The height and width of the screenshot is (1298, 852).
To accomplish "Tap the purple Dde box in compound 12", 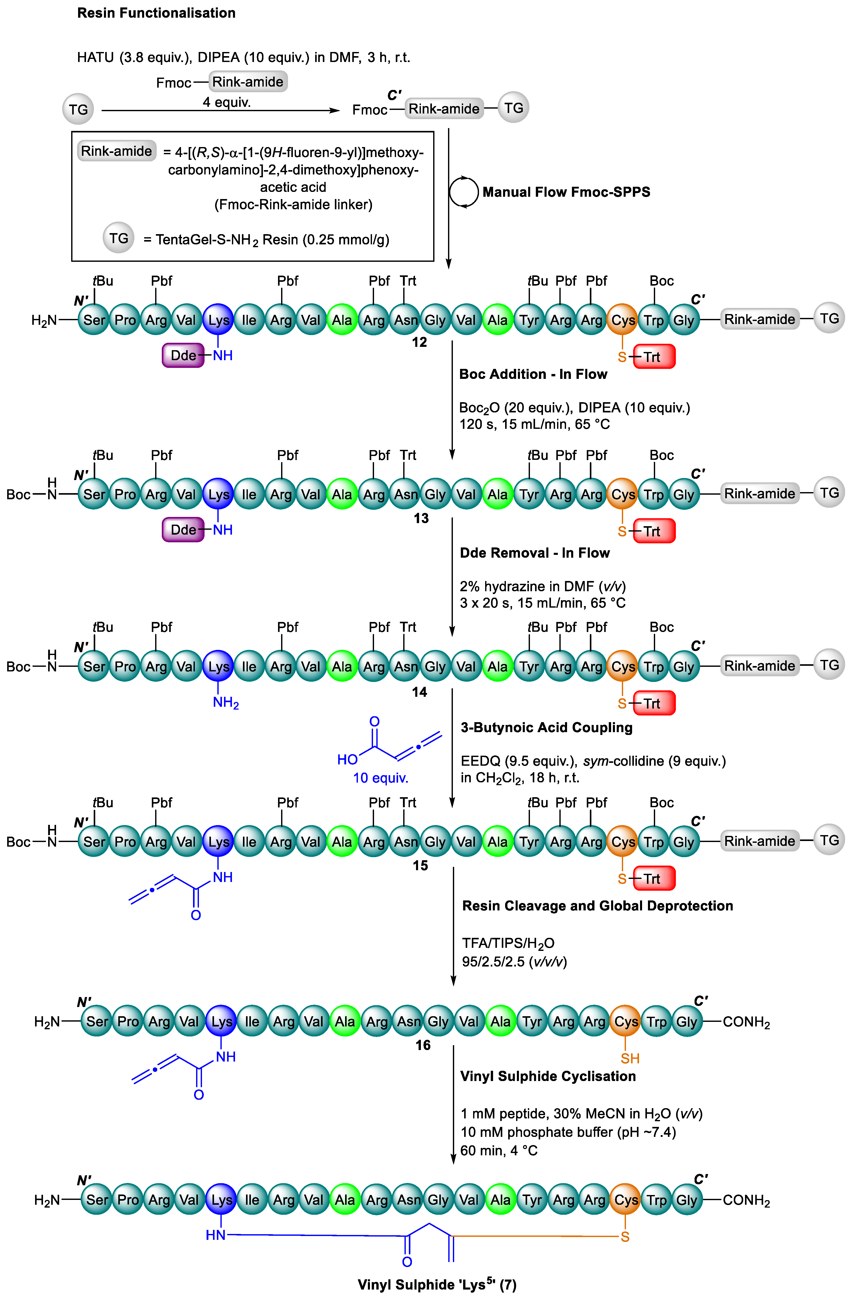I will (183, 356).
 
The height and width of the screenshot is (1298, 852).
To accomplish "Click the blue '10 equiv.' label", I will (380, 778).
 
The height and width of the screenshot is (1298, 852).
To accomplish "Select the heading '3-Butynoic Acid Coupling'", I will (546, 728).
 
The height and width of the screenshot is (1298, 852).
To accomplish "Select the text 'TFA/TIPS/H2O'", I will (508, 943).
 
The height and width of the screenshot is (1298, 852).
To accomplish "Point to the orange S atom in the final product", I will (625, 1237).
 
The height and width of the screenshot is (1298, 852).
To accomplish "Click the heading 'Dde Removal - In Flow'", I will (534, 553).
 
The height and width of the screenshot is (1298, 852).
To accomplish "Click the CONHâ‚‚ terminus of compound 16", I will (746, 1022).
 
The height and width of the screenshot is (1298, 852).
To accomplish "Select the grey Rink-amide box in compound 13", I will (759, 494).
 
